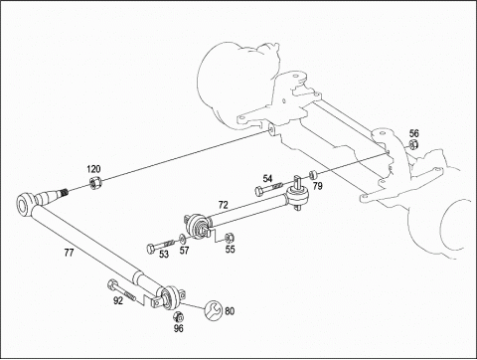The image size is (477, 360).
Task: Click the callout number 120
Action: coord(93,169)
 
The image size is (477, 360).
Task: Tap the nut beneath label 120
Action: coord(95,183)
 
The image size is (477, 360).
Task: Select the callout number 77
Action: coord(69,253)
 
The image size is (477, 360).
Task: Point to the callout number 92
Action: coord(118,300)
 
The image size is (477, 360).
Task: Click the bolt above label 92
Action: coord(121,290)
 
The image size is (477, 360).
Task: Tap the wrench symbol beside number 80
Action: coord(214,310)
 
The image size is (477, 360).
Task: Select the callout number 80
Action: coord(230,311)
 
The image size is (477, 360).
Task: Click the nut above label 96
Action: coord(178,316)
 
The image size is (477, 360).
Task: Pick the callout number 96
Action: coord(179,328)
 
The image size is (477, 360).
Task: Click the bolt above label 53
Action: coord(160,246)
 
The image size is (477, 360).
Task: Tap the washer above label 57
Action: coord(183,239)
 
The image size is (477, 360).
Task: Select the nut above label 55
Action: coord(229,238)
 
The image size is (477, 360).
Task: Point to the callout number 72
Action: coord(223,205)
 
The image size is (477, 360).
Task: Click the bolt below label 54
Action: coord(268,188)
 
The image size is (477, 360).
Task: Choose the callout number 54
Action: coord(267,179)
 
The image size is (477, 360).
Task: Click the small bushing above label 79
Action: coord(313,174)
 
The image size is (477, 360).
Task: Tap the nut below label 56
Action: coord(413,144)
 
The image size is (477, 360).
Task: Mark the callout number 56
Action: coord(413,133)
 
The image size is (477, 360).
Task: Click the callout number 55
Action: coord(230,249)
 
